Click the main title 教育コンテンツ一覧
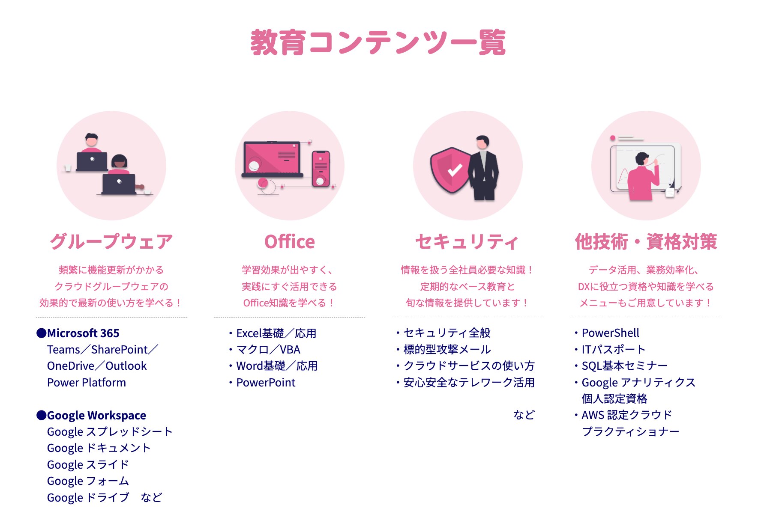[378, 42]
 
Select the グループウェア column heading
[111, 241]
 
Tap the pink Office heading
[290, 242]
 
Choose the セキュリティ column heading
[467, 242]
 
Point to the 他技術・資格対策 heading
[646, 242]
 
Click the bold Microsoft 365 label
[83, 333]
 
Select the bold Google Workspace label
[96, 416]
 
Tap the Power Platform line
[87, 383]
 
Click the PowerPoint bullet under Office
[266, 383]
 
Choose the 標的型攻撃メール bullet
[447, 350]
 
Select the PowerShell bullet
[610, 333]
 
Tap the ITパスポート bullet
[613, 350]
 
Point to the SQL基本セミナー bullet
[624, 366]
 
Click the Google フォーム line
[88, 481]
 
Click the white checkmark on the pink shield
[455, 170]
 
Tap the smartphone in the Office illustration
[321, 169]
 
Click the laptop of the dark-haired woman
[119, 184]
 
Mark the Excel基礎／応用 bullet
[276, 333]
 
